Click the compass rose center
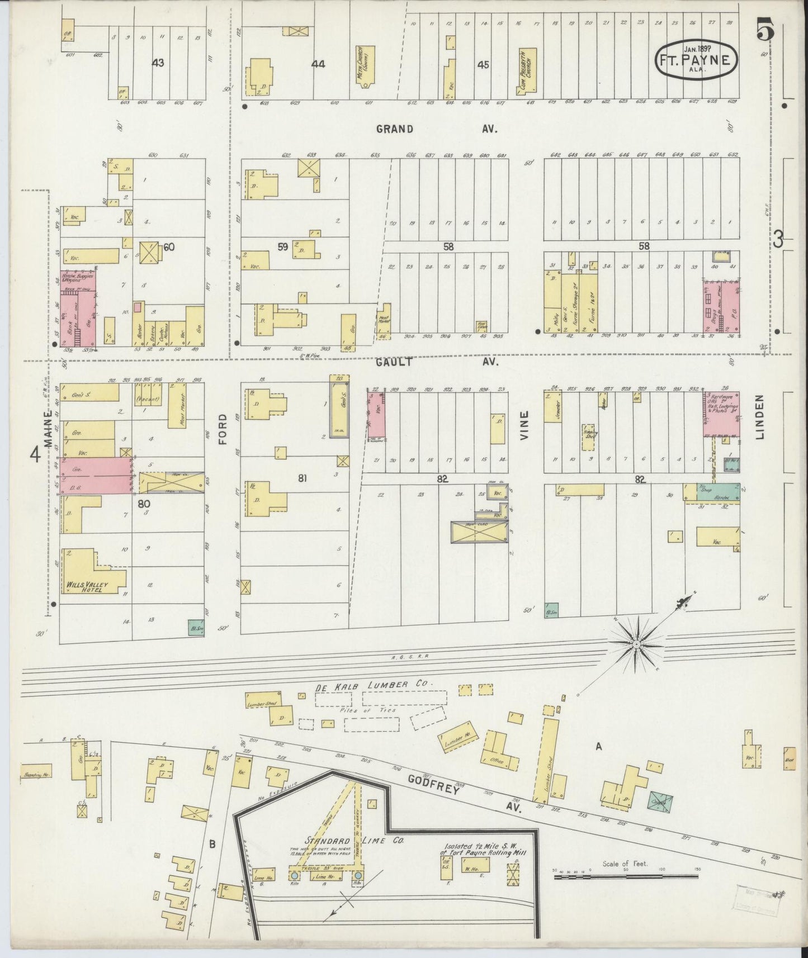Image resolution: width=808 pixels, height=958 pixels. coord(636,644)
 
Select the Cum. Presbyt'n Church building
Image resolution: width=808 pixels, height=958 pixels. coord(527,72)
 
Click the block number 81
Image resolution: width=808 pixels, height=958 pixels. coord(302,478)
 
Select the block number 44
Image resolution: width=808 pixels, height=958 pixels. coord(318,64)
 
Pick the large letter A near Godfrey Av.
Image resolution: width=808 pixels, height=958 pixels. coord(599,746)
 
